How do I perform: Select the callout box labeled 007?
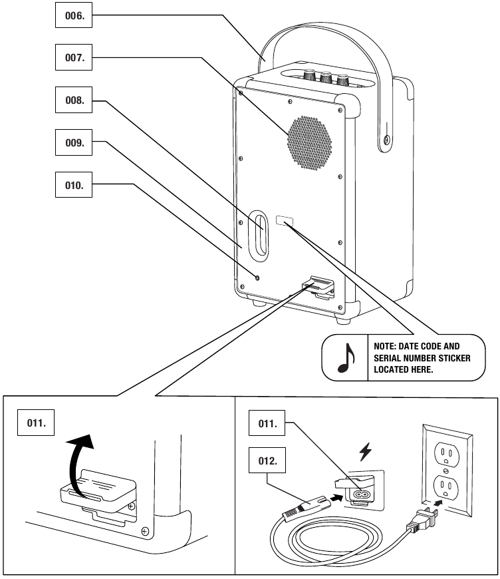tap(72, 59)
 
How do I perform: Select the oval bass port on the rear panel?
tap(257, 235)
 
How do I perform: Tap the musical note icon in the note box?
tap(345, 357)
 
